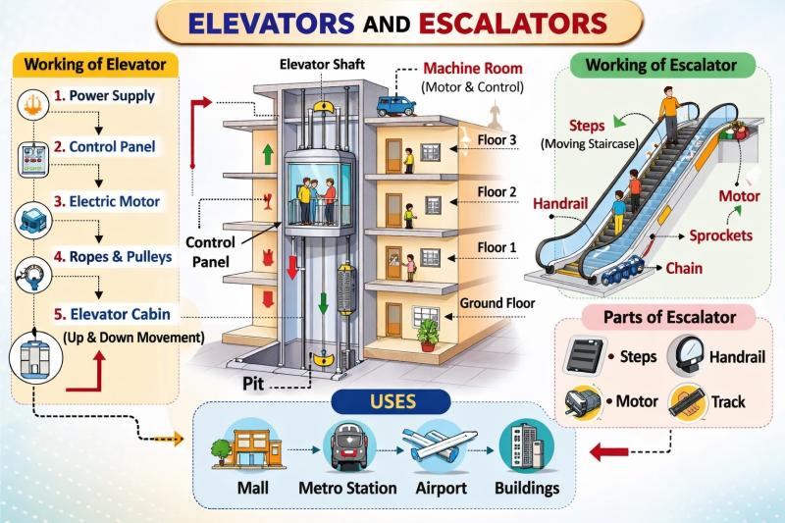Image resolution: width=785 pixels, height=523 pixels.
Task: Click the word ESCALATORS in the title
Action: [x=513, y=23]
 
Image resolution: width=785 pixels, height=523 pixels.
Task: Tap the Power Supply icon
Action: [x=32, y=105]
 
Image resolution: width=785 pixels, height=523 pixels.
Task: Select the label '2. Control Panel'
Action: [x=105, y=146]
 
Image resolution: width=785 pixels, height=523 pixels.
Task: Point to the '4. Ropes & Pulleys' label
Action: [x=113, y=257]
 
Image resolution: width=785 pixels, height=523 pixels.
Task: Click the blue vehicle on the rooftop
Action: [x=395, y=106]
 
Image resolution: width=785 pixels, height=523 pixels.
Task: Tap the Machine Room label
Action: [x=473, y=68]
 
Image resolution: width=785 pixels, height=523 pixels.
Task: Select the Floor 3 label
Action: [x=497, y=139]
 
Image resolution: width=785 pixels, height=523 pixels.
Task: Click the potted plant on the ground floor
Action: [x=428, y=335]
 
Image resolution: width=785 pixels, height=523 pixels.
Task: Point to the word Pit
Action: [x=253, y=384]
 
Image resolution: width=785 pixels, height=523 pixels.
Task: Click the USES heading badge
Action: [x=392, y=402]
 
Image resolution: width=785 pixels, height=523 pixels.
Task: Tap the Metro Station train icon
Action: [x=349, y=446]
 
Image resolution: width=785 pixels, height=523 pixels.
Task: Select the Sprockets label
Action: [x=720, y=235]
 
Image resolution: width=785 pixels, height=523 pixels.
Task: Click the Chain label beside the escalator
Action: [x=684, y=268]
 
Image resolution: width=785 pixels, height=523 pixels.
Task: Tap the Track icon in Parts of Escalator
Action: [x=687, y=401]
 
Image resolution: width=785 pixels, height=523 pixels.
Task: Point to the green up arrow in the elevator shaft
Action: [x=268, y=154]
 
